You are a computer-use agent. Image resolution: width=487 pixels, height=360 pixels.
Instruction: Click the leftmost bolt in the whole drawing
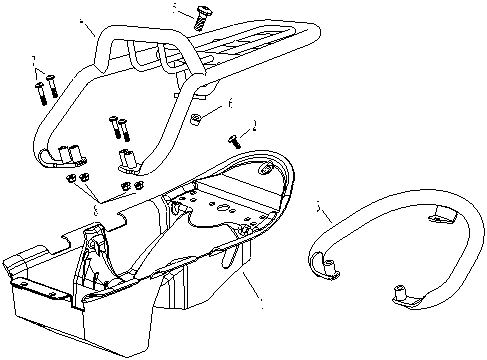[41, 91]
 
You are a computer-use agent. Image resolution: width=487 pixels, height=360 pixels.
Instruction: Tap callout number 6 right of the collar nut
[230, 102]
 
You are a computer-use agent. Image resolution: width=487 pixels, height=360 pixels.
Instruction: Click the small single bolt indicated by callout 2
[236, 140]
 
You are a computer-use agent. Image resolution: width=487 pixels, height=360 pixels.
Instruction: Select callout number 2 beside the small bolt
[255, 126]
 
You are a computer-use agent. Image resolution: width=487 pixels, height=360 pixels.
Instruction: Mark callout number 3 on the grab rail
[319, 210]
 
